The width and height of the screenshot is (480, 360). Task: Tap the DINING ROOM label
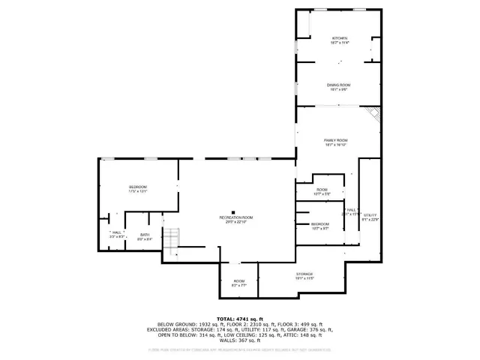[x=338, y=87]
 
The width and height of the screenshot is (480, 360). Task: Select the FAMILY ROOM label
[x=335, y=142]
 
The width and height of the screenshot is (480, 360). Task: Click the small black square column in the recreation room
[x=234, y=211]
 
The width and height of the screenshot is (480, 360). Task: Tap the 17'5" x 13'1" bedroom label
[x=137, y=189]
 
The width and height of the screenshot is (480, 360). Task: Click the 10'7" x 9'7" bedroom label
[x=320, y=226]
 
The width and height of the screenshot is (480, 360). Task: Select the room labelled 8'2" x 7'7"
[x=238, y=283]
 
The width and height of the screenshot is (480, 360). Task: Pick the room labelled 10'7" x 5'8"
[x=322, y=191]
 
